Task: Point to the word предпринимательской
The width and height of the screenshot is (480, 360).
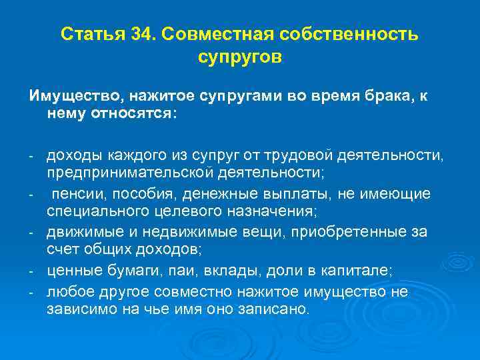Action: coord(129,173)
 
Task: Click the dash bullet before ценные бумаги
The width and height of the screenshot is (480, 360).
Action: coord(31,271)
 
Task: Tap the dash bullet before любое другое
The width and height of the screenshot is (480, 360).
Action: coord(31,291)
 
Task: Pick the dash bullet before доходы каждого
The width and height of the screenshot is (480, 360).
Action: coord(31,157)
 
